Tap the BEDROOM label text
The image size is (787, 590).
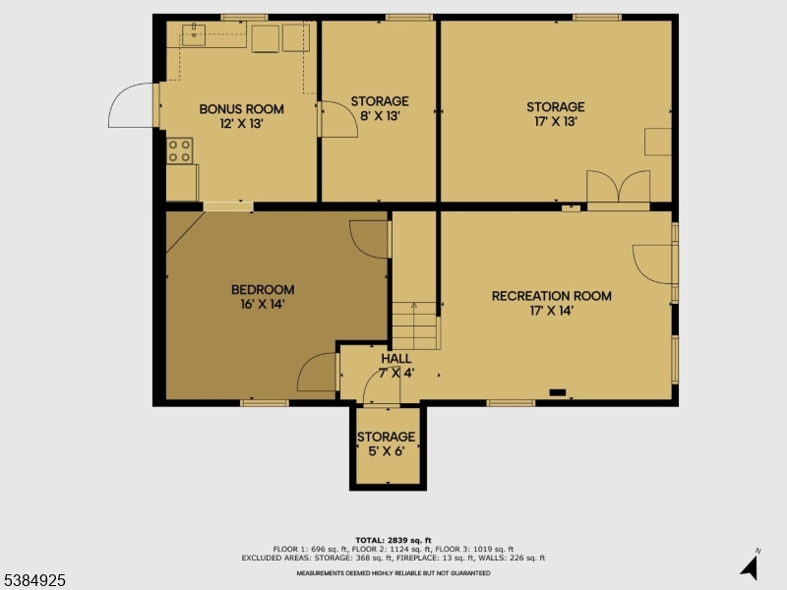263,289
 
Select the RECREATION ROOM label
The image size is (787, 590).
551,296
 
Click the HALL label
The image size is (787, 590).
396,359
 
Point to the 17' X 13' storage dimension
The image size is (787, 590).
555,123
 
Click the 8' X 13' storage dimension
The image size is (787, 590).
380,116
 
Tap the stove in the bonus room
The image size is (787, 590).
180,150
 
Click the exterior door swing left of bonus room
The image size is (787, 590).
130,106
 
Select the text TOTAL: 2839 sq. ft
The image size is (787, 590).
393,541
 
